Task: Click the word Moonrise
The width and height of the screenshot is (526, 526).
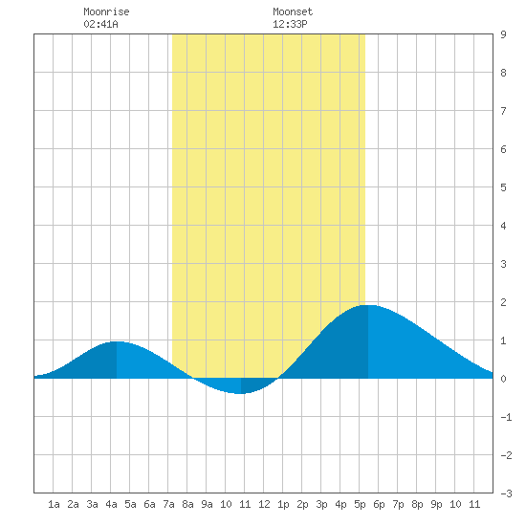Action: (106, 11)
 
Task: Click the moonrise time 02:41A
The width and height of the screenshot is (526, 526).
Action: (101, 24)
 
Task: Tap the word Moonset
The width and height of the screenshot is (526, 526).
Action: (293, 11)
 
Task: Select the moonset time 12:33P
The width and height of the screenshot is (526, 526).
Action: (290, 24)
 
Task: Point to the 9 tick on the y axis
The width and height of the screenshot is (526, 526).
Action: (503, 34)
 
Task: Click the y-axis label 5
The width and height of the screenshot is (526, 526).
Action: (503, 187)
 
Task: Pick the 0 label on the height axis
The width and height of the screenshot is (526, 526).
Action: (503, 379)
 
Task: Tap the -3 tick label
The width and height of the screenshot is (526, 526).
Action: (506, 493)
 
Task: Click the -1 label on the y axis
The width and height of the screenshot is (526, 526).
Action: (506, 417)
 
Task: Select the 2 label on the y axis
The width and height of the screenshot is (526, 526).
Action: (503, 302)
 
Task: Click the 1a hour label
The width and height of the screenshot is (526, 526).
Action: (54, 504)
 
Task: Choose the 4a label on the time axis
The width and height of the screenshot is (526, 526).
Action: (111, 504)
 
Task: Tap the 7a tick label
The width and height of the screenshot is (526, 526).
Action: (168, 504)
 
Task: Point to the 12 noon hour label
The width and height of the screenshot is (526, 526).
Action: (264, 504)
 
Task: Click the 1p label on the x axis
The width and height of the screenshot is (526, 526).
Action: (283, 504)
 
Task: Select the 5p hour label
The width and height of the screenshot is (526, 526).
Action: (360, 504)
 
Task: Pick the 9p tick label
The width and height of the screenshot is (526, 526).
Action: (436, 504)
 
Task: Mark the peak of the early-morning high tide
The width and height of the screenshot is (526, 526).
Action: (117, 341)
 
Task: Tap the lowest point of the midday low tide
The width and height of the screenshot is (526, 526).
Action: (240, 393)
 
